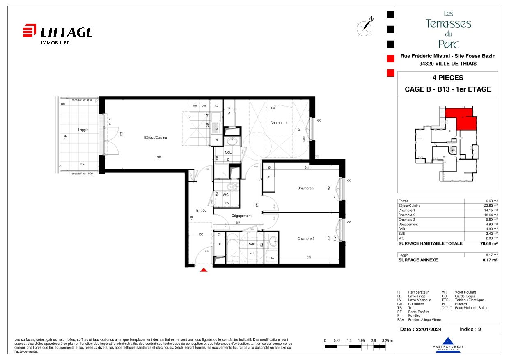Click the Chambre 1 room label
coord(278,123)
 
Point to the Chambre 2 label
coord(306,188)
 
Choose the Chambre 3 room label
coord(306,238)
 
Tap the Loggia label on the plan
coord(83,130)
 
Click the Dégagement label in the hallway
coord(241,216)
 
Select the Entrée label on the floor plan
coord(201,211)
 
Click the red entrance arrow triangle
coord(204,270)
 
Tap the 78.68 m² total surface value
coord(490,243)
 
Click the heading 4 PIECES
coord(447,78)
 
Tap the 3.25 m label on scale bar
coord(387,341)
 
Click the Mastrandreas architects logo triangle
coord(448,341)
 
